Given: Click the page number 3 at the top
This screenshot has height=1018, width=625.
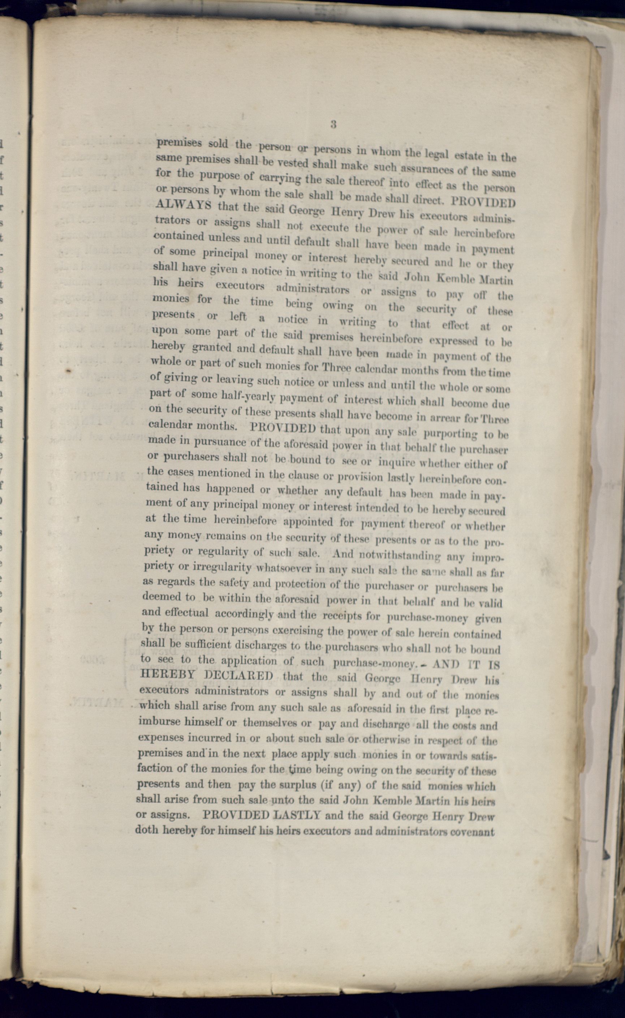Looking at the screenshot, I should tap(333, 124).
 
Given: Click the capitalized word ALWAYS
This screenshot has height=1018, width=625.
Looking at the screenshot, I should tap(183, 206).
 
